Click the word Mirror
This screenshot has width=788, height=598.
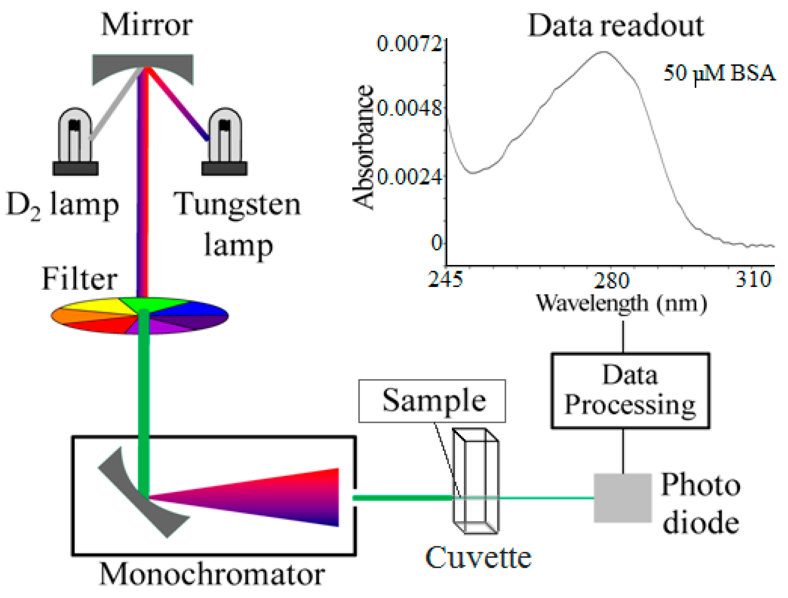pyautogui.click(x=147, y=24)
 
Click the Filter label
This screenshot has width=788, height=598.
pyautogui.click(x=79, y=279)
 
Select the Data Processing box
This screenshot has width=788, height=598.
pyautogui.click(x=630, y=390)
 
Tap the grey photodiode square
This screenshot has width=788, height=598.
pyautogui.click(x=623, y=498)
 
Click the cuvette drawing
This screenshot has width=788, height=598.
pyautogui.click(x=475, y=482)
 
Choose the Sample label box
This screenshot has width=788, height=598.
pyautogui.click(x=432, y=401)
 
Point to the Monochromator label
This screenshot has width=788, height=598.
pyautogui.click(x=212, y=574)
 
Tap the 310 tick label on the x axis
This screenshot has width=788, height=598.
pyautogui.click(x=754, y=280)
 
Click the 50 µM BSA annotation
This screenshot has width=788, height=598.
pyautogui.click(x=719, y=73)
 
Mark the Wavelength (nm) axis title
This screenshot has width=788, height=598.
pyautogui.click(x=622, y=303)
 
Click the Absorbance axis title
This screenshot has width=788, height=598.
pyautogui.click(x=364, y=147)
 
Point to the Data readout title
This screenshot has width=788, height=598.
pyautogui.click(x=616, y=25)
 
